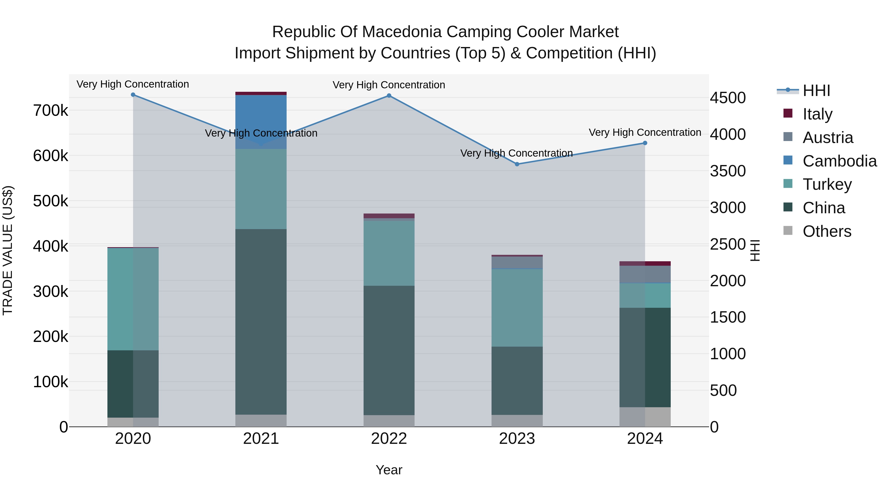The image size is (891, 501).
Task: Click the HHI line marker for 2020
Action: (x=133, y=95)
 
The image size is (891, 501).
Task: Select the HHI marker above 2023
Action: (x=517, y=164)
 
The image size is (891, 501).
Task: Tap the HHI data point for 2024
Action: (x=645, y=143)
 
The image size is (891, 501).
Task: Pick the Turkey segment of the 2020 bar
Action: (x=133, y=299)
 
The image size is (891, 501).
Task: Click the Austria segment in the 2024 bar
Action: (x=645, y=274)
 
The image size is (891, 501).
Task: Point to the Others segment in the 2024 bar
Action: (x=645, y=417)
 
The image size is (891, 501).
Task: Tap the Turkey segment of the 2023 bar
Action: (x=517, y=308)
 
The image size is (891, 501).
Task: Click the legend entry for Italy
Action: (x=817, y=114)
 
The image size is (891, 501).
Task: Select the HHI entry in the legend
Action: (x=816, y=91)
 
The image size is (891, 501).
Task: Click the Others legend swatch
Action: (x=788, y=231)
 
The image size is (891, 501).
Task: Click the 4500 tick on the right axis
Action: (x=728, y=98)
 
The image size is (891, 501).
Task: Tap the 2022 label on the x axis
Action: (x=389, y=439)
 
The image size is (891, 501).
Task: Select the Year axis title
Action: (x=389, y=470)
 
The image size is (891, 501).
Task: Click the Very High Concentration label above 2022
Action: (x=389, y=85)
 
